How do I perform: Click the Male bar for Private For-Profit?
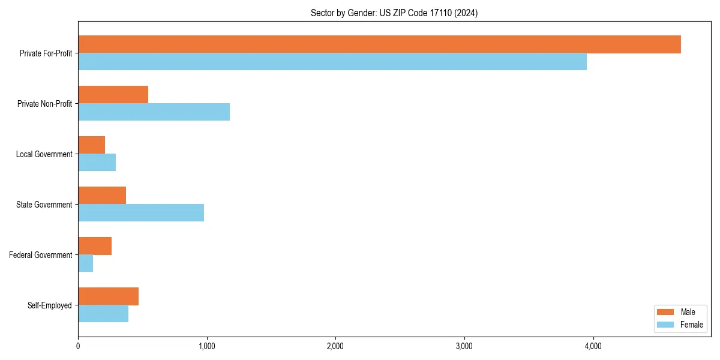[x=379, y=44]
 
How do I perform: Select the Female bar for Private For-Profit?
[x=332, y=62]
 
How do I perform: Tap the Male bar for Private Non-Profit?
[x=113, y=95]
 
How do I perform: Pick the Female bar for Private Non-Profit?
[x=154, y=112]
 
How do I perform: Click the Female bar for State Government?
[x=141, y=213]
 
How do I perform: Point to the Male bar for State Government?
[x=102, y=196]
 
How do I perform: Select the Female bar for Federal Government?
[x=85, y=263]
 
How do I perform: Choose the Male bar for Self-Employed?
[x=108, y=296]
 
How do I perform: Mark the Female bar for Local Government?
[x=97, y=163]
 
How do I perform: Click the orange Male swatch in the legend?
[x=666, y=312]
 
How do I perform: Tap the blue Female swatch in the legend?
[x=666, y=325]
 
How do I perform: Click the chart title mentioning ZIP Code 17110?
[x=394, y=13]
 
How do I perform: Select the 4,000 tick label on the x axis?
[x=593, y=346]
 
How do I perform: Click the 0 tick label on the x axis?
[x=78, y=346]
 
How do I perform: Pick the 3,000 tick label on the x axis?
[x=464, y=346]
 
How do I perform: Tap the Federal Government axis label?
[x=41, y=255]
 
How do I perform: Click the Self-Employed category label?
[x=50, y=305]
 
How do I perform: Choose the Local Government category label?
[x=44, y=154]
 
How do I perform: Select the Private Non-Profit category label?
[x=45, y=104]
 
